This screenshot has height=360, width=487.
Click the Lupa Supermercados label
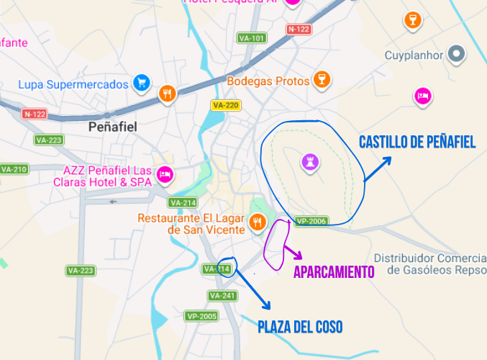[x=73, y=85]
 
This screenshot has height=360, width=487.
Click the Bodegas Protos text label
[x=268, y=81]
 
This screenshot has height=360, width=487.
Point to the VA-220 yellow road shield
[x=225, y=106]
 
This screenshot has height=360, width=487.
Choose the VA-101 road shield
[x=252, y=38]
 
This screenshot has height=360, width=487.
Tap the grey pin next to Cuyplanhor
[x=456, y=54]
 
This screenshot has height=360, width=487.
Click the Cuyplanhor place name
[x=413, y=55]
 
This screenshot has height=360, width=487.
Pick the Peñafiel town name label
[x=111, y=127]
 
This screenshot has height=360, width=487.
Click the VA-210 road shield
[x=14, y=170]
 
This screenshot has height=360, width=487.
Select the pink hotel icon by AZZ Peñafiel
[x=165, y=174]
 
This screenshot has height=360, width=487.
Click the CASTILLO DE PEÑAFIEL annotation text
[x=417, y=143]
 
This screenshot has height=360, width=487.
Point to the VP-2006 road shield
[x=311, y=222]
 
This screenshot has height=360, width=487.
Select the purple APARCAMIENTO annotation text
[x=334, y=271]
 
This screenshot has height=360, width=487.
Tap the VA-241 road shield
[x=222, y=296]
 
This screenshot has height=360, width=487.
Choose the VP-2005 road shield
[x=201, y=316]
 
